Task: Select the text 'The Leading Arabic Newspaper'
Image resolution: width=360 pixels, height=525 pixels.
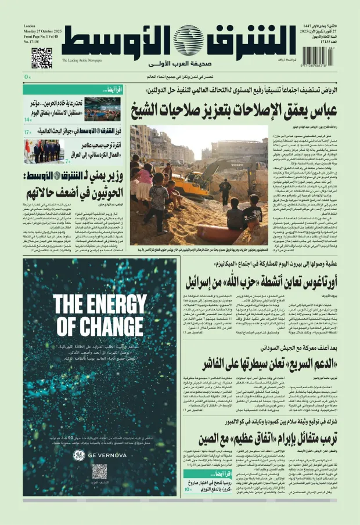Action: [x=82, y=60]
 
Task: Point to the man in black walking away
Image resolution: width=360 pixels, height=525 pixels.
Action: [x=225, y=191]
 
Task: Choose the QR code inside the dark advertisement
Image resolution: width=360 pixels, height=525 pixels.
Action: [x=99, y=471]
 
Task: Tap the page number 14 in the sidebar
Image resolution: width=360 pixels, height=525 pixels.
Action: [x=27, y=120]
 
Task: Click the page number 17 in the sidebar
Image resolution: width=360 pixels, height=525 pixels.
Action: [x=27, y=132]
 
